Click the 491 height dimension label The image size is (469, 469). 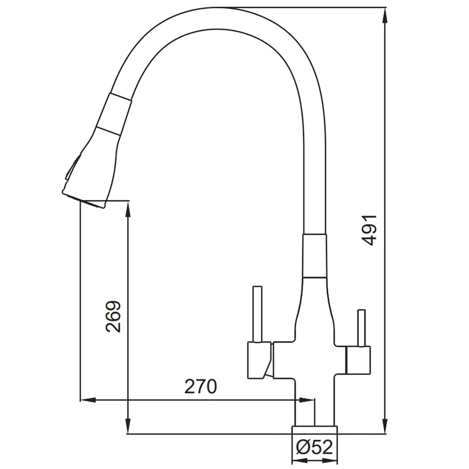(x=369, y=230)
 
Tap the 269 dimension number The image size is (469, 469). (x=114, y=316)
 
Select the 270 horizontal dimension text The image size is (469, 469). (x=200, y=386)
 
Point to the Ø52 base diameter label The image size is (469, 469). (x=314, y=447)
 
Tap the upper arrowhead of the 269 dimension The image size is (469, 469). (x=128, y=209)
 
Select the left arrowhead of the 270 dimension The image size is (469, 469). (x=88, y=400)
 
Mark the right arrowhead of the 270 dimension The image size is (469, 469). (x=307, y=400)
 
